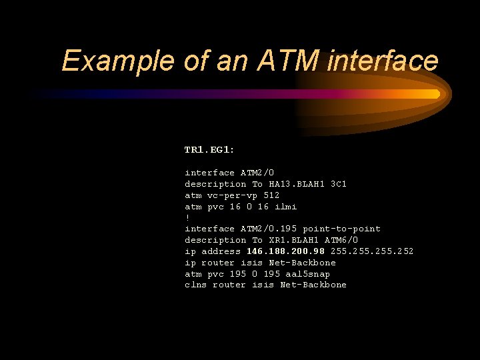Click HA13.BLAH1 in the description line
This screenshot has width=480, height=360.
click(297, 184)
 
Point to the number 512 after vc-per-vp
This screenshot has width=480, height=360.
click(271, 195)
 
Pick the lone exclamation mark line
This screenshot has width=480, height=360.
click(187, 217)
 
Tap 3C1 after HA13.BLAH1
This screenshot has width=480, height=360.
click(339, 184)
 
